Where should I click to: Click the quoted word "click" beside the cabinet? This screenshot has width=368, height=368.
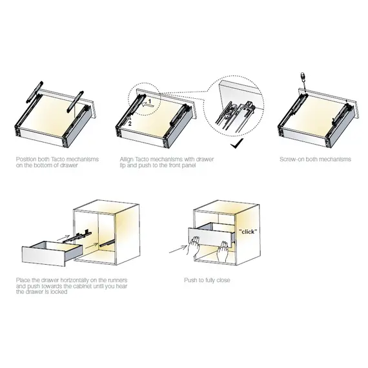(x=247, y=230)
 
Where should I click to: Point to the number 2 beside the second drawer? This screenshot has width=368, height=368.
(x=130, y=121)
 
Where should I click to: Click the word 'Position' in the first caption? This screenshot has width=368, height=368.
(x=26, y=157)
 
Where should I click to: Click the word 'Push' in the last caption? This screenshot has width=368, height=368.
(x=190, y=281)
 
